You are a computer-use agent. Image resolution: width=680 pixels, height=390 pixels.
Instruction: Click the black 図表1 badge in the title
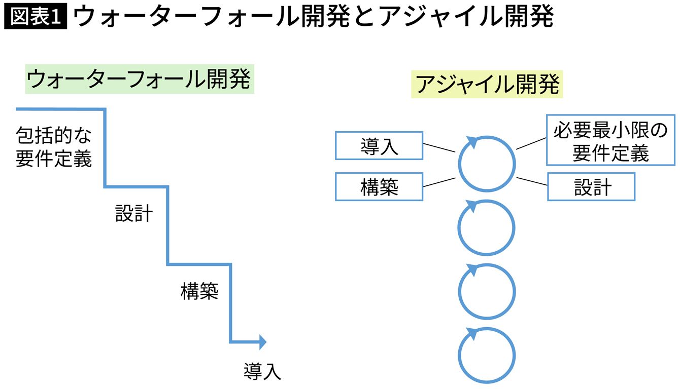point(35,17)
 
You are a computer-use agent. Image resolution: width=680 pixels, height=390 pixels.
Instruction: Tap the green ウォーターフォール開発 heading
point(139,79)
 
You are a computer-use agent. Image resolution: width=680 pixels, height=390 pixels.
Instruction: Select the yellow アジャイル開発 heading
point(487,85)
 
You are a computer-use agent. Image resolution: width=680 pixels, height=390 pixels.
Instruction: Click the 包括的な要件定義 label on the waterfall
point(54,147)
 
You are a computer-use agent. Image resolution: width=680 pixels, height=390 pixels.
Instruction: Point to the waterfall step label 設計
point(133,214)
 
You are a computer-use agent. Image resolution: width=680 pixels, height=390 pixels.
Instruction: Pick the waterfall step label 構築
point(199,291)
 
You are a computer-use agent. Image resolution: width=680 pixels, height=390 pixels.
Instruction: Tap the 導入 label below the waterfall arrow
point(262,372)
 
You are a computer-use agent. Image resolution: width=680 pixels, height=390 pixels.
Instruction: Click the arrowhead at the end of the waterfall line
point(262,342)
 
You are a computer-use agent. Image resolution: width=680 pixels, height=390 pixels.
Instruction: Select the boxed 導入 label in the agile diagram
point(379,146)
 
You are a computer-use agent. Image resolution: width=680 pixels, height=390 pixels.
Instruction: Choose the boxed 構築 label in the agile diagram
point(379,187)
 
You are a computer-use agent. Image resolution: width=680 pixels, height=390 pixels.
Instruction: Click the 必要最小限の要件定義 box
point(610,140)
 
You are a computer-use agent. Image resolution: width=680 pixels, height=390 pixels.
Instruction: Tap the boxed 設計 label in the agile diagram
point(591,187)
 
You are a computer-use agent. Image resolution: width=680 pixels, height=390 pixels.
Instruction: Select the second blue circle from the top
point(487,227)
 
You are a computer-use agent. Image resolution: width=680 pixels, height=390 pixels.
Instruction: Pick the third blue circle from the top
point(487,291)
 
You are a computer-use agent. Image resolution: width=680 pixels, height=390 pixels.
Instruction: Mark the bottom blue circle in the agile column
point(487,355)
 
